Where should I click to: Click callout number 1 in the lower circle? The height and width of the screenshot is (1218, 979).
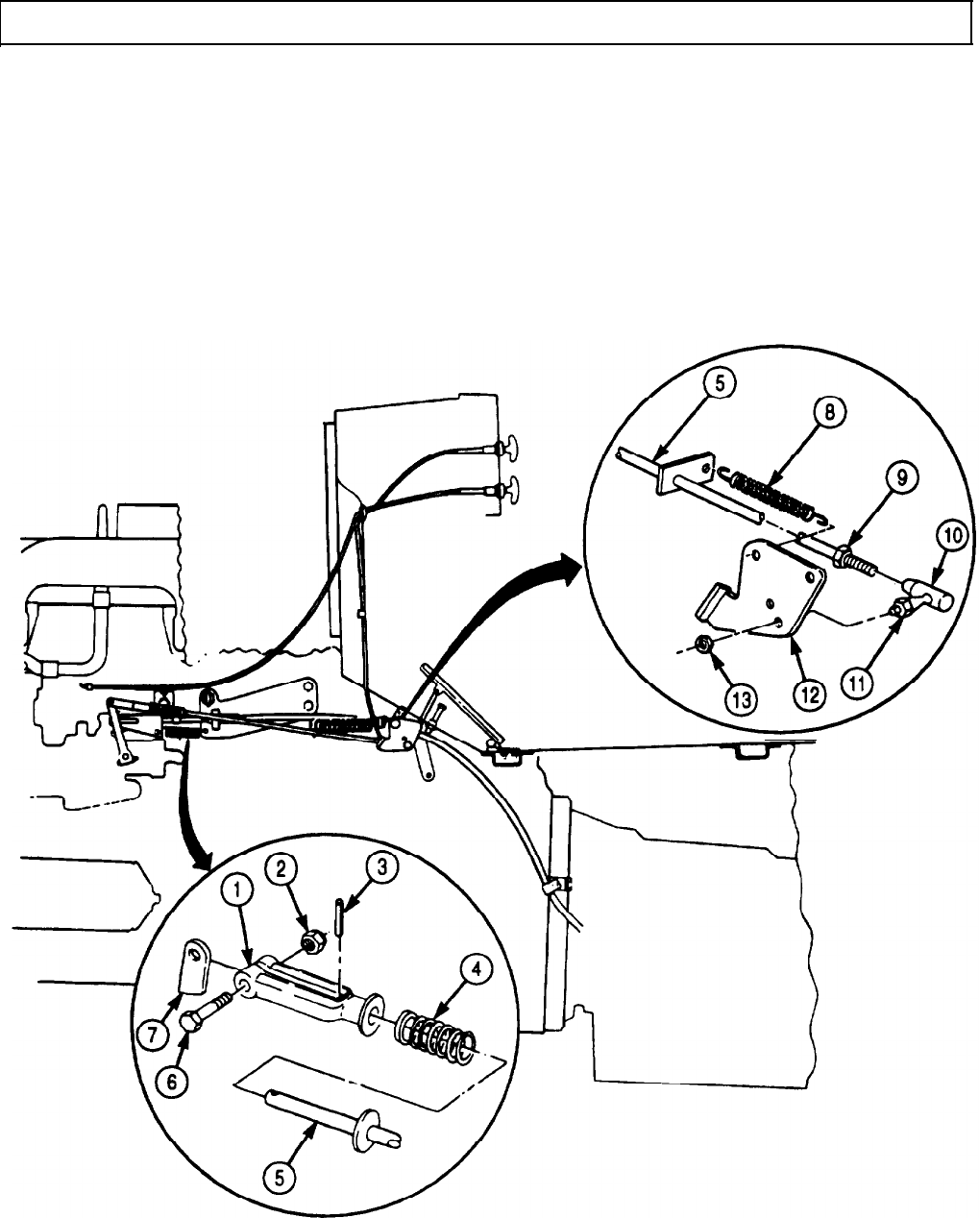click(x=238, y=890)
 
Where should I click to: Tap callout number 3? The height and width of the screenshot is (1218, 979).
click(x=382, y=868)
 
